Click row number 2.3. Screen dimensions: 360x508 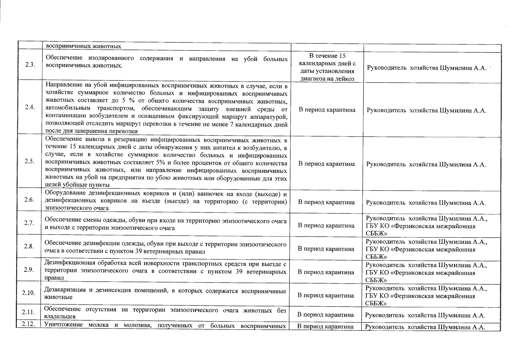[29, 66]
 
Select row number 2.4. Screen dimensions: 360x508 [30, 108]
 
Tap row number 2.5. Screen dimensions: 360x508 [29, 162]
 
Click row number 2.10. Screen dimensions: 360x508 [29, 293]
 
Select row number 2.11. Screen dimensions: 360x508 [29, 312]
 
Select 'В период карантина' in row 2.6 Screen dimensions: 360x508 [326, 202]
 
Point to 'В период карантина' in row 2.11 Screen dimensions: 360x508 [325, 315]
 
